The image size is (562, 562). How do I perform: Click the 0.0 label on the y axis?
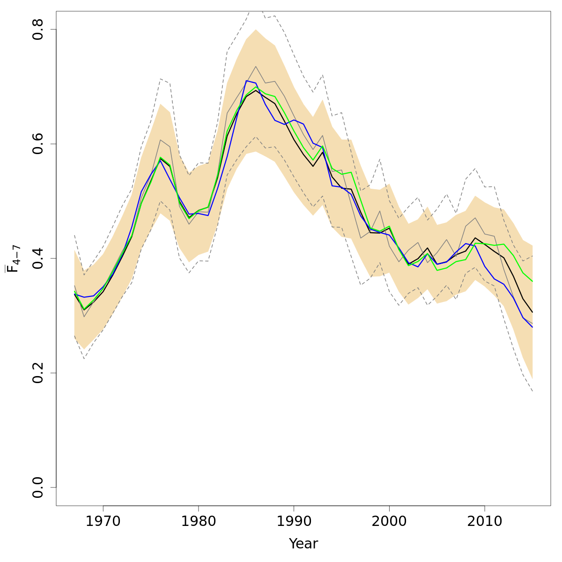(x=38, y=487)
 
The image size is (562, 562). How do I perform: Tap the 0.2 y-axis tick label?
(x=38, y=373)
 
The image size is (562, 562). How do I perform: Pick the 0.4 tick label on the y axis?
(x=38, y=258)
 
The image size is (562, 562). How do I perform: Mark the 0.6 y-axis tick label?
(x=38, y=144)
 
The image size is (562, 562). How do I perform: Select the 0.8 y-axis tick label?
(x=38, y=29)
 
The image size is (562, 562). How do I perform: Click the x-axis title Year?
(x=303, y=544)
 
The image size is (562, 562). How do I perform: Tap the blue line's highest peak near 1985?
(x=246, y=81)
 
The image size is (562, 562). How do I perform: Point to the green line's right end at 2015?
(x=532, y=281)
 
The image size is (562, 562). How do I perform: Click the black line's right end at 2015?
(x=532, y=312)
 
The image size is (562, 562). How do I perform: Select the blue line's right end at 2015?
(x=532, y=327)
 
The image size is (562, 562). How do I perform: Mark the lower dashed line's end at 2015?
(x=532, y=391)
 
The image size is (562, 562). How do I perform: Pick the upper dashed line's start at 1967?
(x=74, y=235)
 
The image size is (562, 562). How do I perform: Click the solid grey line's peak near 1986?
(x=256, y=67)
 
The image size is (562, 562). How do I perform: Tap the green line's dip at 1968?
(x=84, y=309)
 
